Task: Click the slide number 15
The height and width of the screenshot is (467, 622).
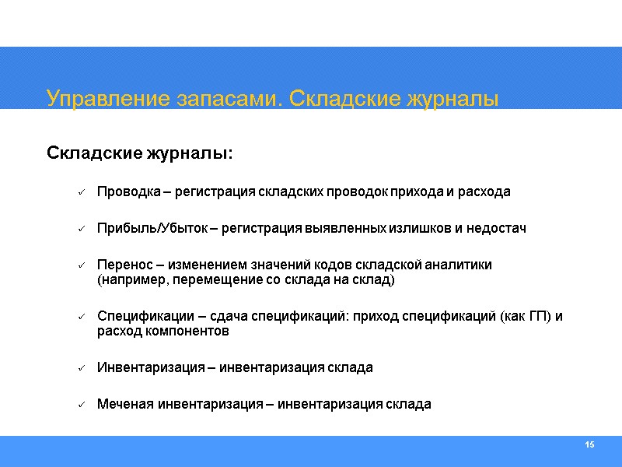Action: pyautogui.click(x=589, y=444)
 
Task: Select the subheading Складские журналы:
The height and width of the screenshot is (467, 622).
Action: pyautogui.click(x=140, y=152)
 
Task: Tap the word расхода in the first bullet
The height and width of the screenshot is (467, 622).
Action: pyautogui.click(x=487, y=191)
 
